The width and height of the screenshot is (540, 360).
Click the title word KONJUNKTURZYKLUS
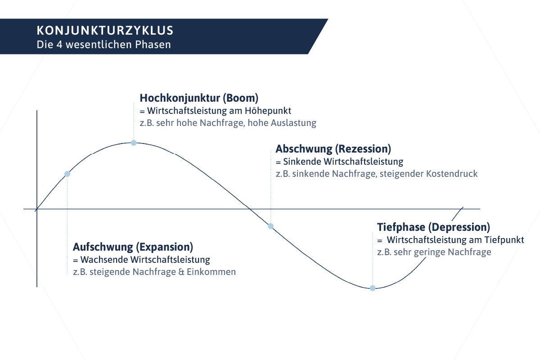coord(105,31)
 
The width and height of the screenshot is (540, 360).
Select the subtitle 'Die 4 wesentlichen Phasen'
coord(103,45)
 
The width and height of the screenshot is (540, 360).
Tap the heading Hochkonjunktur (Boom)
coord(199,98)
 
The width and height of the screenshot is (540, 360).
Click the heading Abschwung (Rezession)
coord(333,149)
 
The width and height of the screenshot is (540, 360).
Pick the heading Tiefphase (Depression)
coord(433,227)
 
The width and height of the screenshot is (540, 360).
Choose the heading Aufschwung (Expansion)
coord(133,247)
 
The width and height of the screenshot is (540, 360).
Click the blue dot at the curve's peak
coord(134,143)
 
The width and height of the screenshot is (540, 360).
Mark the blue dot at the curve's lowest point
coord(373,288)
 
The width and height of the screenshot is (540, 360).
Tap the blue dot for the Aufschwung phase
coord(67,174)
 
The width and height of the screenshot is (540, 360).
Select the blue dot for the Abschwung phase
coord(271,226)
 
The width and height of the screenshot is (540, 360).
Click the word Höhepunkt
coord(268,111)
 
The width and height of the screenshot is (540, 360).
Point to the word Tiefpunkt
coord(504,240)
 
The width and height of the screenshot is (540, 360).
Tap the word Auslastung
coord(293,123)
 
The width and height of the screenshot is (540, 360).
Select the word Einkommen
coord(211,272)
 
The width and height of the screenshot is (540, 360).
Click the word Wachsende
coord(104,260)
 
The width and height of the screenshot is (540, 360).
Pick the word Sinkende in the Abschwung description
coord(302,162)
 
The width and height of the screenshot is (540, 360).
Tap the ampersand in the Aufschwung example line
coord(181,272)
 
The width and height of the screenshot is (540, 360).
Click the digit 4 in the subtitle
coord(59,45)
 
